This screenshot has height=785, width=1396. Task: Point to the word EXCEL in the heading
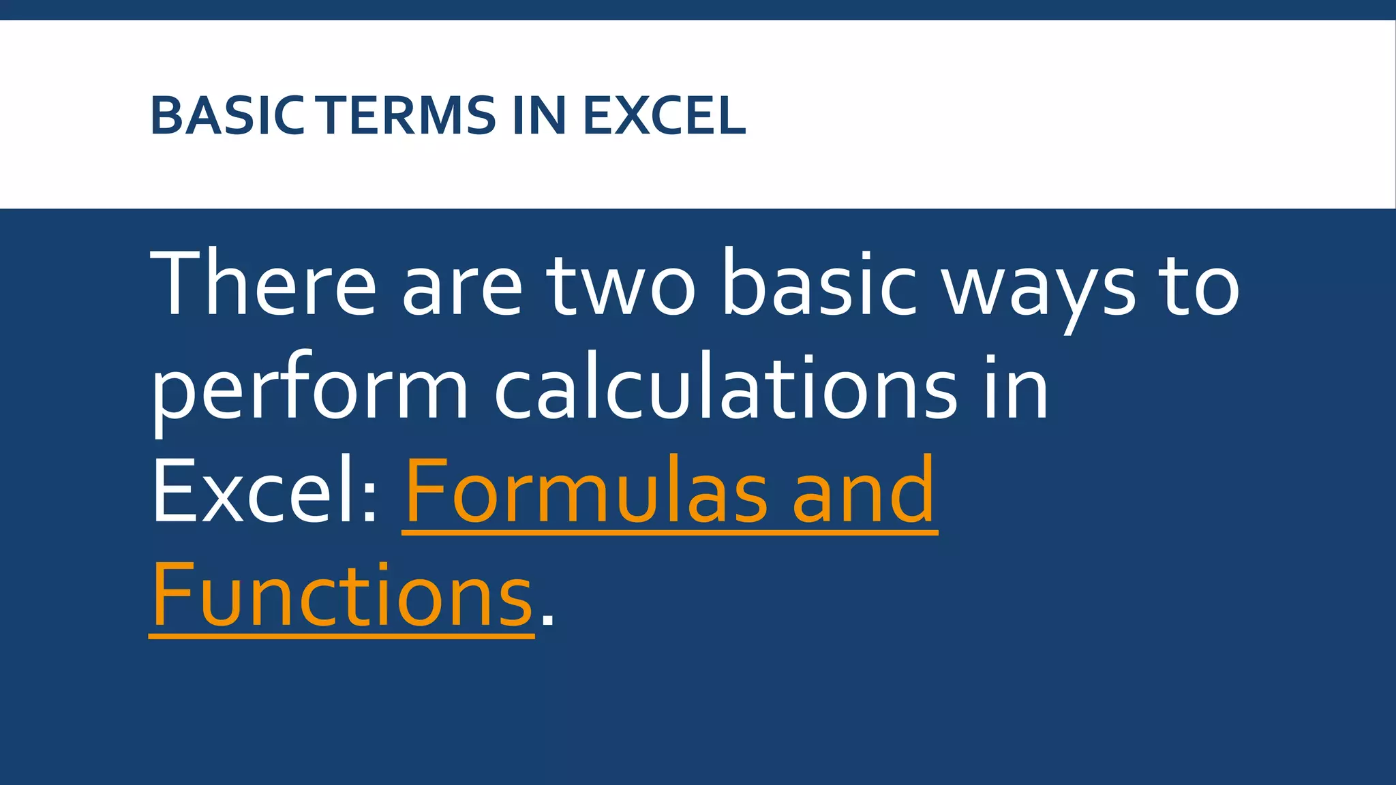pyautogui.click(x=664, y=115)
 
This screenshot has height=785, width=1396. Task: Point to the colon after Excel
pyautogui.click(x=370, y=501)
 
